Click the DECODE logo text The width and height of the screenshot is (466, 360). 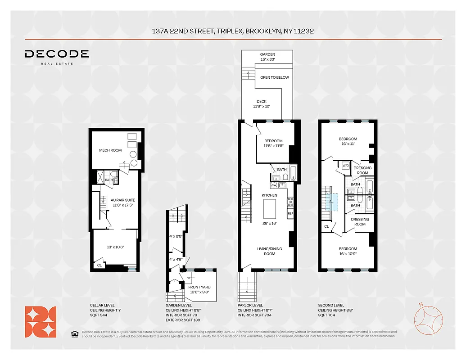click(x=57, y=54)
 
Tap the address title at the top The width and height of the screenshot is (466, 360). click(x=233, y=31)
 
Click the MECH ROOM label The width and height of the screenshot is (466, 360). click(x=110, y=150)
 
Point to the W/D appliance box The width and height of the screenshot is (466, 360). click(x=345, y=166)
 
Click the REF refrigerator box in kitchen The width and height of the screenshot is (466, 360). click(x=290, y=213)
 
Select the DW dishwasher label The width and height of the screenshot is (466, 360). click(x=274, y=185)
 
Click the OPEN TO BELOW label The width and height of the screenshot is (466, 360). click(x=275, y=77)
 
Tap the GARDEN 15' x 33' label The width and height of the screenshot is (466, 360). click(x=267, y=57)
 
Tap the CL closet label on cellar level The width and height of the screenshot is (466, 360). click(x=99, y=265)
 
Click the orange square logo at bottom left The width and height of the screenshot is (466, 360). click(x=41, y=321)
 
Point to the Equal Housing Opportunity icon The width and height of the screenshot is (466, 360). click(x=74, y=333)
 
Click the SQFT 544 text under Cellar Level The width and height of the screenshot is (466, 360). click(x=100, y=316)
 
